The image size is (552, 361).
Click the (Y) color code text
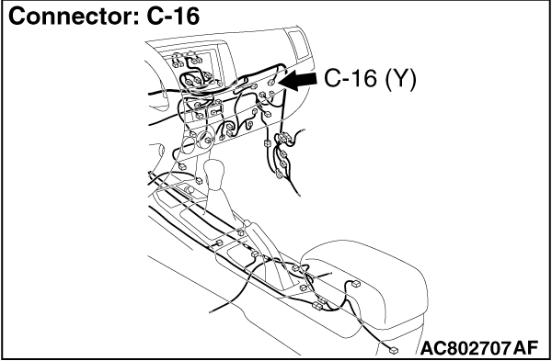[x=397, y=80]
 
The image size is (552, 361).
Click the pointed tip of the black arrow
[x=279, y=85]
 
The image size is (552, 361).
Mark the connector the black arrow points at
[x=270, y=90]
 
